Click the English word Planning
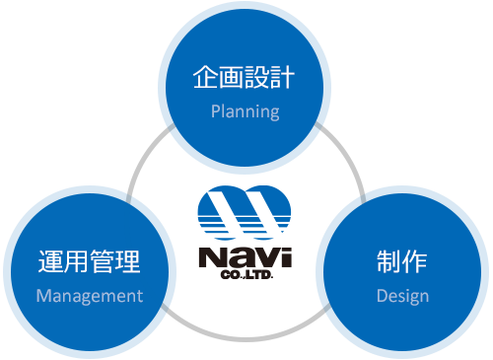246,110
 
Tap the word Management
90,295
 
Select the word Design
402,295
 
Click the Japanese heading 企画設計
245,77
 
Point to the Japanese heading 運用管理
89,261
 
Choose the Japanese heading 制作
401,261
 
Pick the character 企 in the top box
204,77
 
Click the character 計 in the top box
284,77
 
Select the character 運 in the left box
49,261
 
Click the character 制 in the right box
387,261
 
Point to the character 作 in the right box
415,261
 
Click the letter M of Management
43,295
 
